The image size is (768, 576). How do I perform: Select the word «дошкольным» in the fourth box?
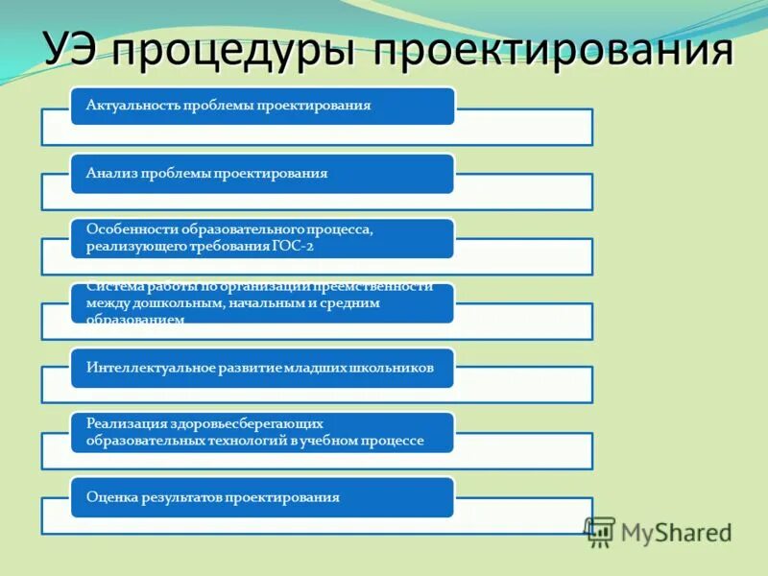175,302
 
